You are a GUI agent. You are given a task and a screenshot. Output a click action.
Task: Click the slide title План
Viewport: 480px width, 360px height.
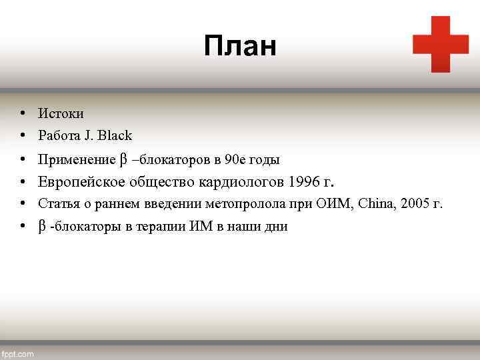click(240, 47)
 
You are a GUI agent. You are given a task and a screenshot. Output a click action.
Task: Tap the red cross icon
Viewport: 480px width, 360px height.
click(441, 44)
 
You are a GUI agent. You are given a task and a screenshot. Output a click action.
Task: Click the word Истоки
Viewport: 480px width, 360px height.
click(61, 114)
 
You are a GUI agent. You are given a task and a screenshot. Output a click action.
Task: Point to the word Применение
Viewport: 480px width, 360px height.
click(76, 159)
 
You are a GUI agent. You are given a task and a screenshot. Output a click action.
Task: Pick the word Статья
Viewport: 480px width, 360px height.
click(56, 203)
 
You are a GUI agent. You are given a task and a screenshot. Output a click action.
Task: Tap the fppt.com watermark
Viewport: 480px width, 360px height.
click(18, 354)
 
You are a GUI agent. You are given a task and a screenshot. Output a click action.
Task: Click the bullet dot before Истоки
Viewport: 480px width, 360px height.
click(23, 114)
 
